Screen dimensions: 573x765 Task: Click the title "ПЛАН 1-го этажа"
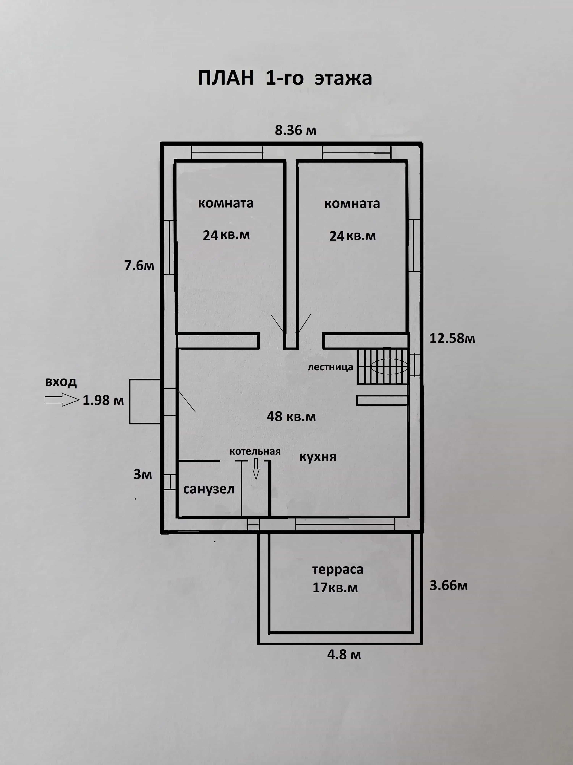tap(285, 78)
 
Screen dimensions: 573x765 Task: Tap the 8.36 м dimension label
tap(296, 130)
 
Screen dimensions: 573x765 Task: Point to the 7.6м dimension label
tap(139, 266)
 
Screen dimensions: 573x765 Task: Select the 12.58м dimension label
tap(452, 338)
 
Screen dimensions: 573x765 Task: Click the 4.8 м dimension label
tap(344, 655)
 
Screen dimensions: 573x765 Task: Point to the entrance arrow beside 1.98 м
tap(62, 400)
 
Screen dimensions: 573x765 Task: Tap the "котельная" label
tap(255, 451)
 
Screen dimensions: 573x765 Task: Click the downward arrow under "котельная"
tap(256, 469)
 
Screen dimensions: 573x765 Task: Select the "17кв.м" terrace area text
tap(335, 588)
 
